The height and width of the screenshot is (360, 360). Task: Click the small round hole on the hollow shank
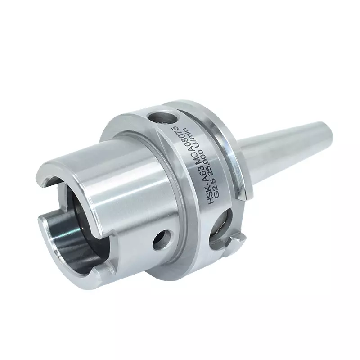[162, 240]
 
